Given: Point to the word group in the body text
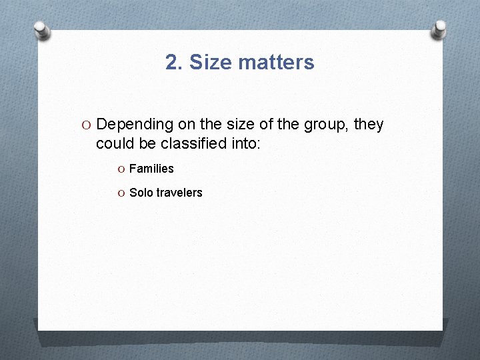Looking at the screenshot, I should pos(327,125).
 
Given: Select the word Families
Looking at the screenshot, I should pos(151,169).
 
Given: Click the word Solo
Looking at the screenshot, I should pos(141,193).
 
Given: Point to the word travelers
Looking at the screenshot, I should pos(179,193).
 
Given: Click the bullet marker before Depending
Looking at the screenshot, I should pos(87,125).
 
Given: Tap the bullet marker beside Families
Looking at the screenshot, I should pos(121,169).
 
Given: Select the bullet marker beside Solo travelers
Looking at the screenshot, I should pos(121,193).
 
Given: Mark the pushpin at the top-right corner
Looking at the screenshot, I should pos(439,28).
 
